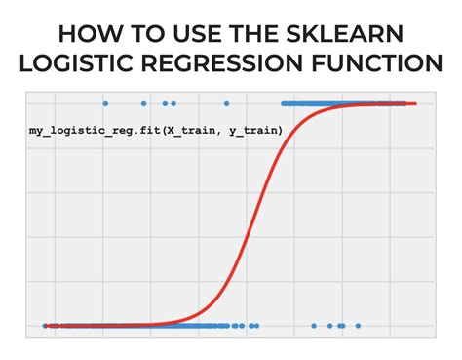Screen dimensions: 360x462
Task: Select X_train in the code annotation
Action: click(x=203, y=130)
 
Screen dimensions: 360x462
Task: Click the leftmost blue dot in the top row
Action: click(x=105, y=102)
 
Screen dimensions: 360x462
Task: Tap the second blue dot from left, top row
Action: click(x=144, y=102)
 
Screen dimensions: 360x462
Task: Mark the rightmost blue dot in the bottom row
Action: click(x=359, y=326)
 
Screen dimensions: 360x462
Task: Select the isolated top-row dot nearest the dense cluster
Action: click(x=227, y=102)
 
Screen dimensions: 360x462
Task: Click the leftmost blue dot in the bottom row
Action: click(x=45, y=326)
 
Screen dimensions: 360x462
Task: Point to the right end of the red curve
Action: click(x=415, y=103)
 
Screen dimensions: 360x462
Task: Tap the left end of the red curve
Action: click(x=46, y=326)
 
